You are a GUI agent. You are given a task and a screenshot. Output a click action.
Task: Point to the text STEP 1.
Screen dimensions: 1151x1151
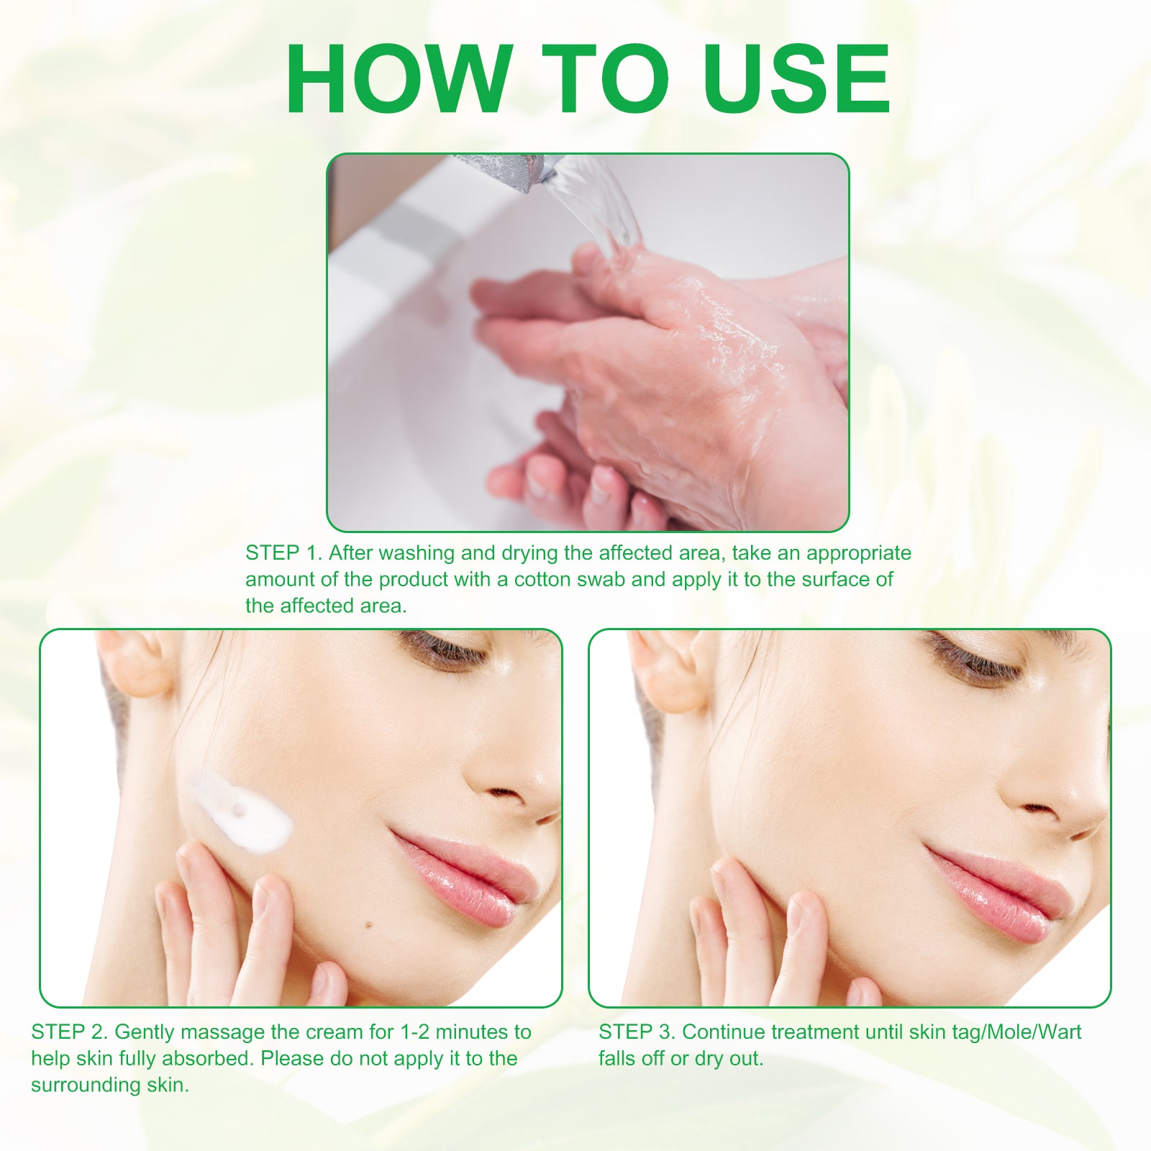coord(283,553)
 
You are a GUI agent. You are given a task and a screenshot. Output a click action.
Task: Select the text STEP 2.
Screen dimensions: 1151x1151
coord(69,1032)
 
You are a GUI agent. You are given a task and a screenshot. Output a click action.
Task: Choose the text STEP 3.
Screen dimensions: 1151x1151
coord(637,1032)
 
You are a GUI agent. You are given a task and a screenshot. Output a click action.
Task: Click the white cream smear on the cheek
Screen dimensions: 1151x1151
coord(241,813)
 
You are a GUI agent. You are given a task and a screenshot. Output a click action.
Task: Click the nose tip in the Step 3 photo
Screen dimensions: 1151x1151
coord(1043,799)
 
